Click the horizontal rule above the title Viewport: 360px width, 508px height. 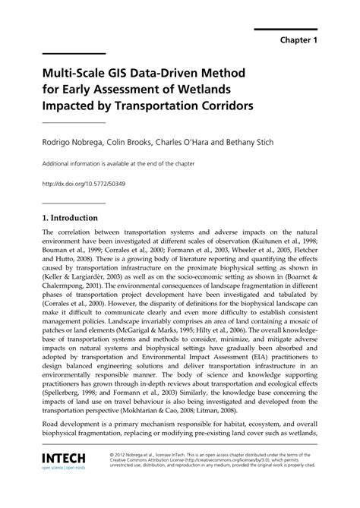coord(74,54)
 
